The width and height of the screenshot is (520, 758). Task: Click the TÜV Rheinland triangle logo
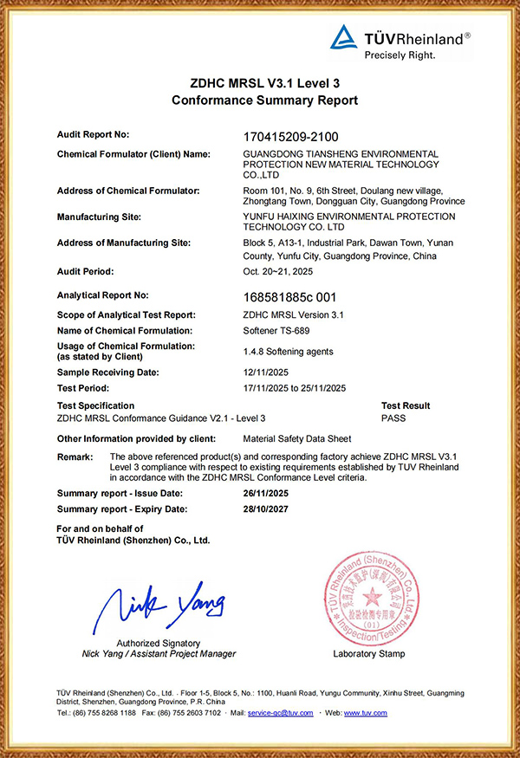click(x=344, y=37)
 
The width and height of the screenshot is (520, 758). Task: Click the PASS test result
click(x=393, y=418)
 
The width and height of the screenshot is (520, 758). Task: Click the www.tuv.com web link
click(x=366, y=713)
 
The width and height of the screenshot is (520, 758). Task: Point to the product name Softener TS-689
click(x=276, y=331)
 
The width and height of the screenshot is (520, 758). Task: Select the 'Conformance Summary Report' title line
click(x=264, y=100)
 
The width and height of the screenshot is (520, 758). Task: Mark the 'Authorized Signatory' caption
click(x=159, y=643)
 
